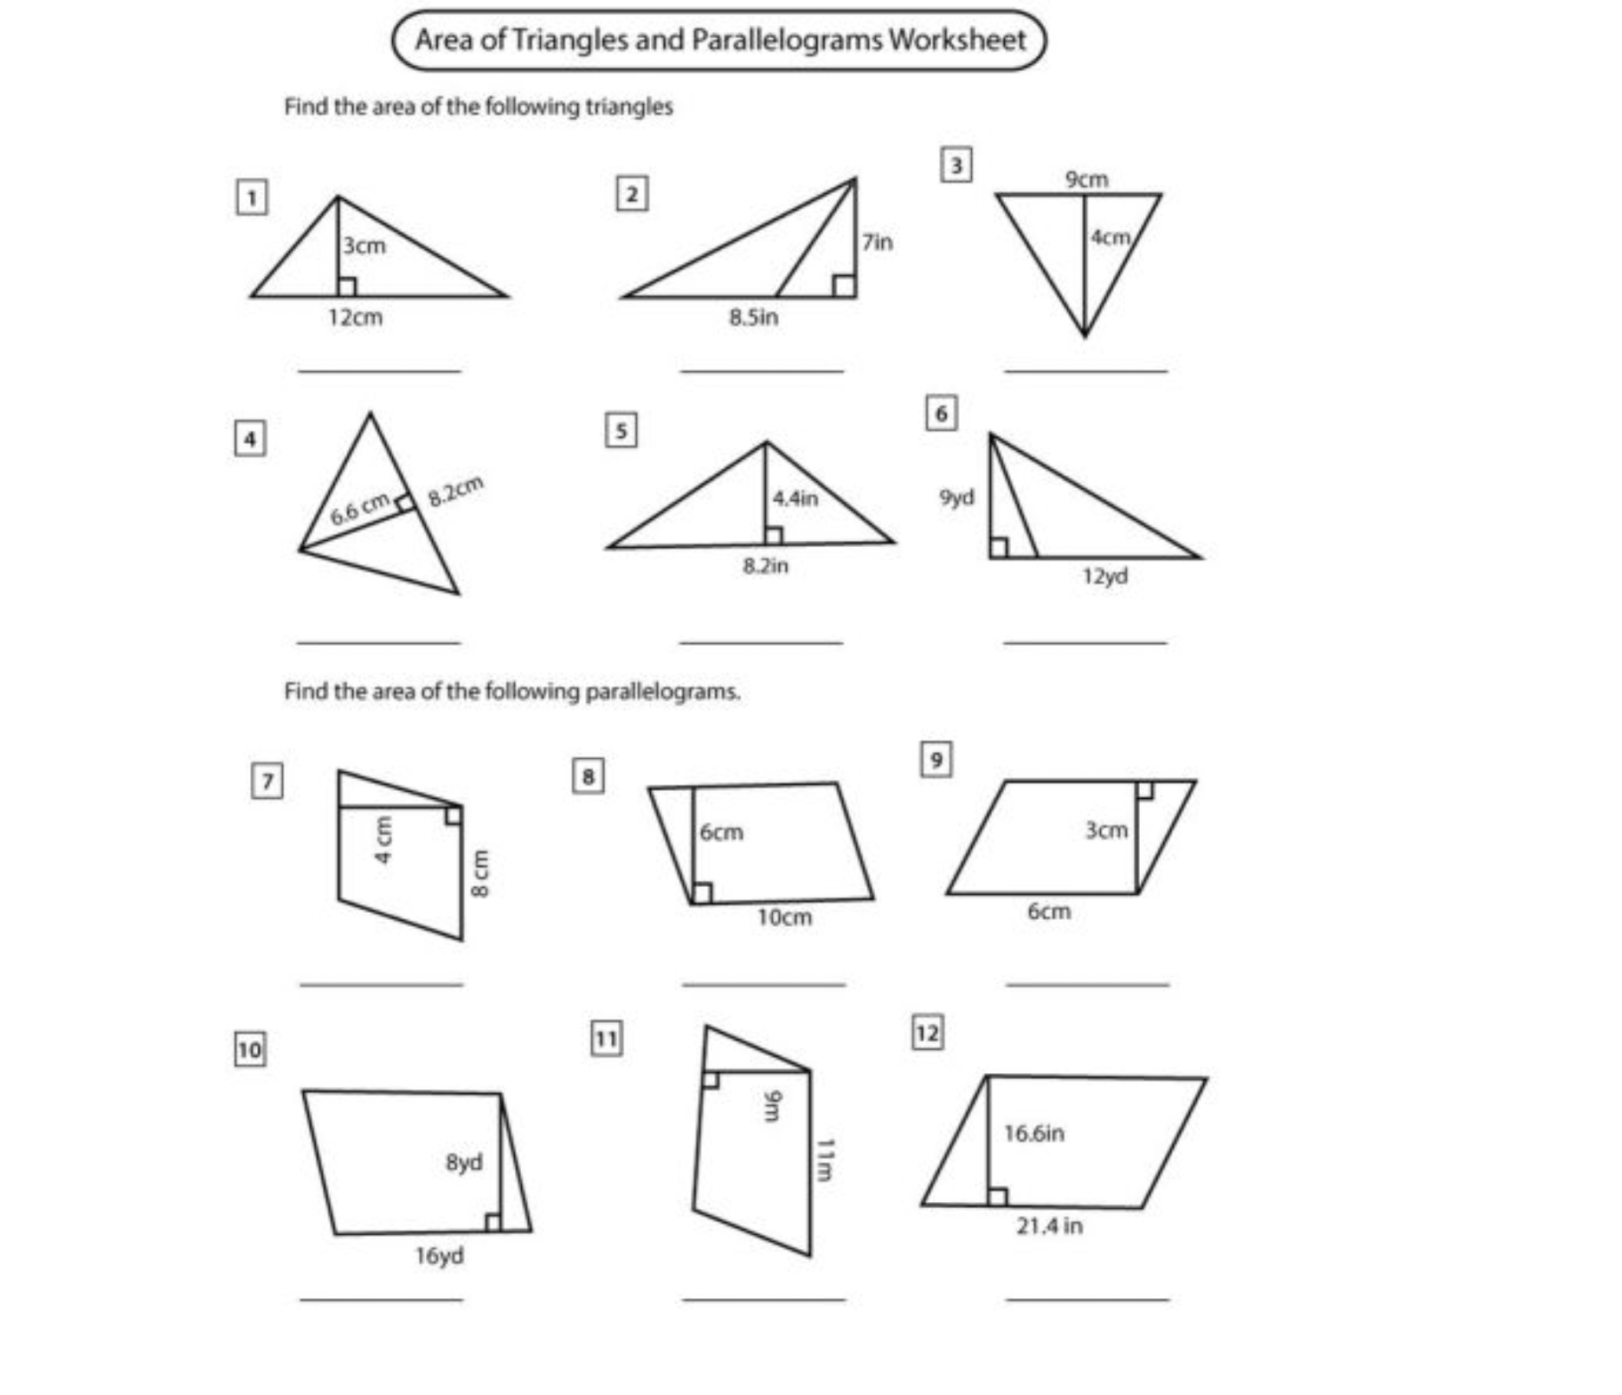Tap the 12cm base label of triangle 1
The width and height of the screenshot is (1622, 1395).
355,318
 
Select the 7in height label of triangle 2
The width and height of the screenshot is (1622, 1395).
877,242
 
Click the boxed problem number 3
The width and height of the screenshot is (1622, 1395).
956,164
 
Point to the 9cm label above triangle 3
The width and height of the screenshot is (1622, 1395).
1086,179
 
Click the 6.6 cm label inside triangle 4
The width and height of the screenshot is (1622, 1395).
360,509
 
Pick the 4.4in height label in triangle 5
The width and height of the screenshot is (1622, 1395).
795,498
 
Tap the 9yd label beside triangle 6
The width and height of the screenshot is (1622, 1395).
956,498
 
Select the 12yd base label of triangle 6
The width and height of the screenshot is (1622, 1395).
1104,576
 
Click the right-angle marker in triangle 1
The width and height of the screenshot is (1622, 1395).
346,286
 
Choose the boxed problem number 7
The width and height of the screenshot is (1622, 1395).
267,781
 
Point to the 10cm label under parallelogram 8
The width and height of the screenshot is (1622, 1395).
784,917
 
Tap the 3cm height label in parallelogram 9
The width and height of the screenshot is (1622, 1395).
1106,830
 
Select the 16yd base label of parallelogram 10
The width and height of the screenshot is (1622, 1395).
439,1256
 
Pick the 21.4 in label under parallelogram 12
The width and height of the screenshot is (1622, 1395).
1049,1226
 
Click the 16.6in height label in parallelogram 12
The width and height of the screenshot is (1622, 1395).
1033,1133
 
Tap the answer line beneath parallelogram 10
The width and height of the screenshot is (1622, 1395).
381,1299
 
